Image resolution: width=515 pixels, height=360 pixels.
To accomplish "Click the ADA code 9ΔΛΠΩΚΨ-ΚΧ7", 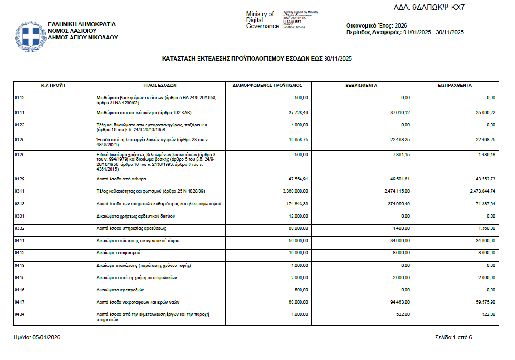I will coord(428,8).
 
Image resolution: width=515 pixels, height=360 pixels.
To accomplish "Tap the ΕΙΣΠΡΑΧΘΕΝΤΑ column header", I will coord(455,86).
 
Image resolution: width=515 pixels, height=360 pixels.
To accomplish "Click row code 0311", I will coord(19,192).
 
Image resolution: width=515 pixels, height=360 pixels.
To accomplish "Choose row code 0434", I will coord(19,314).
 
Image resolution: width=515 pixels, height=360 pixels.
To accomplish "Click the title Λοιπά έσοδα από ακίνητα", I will coord(121,180).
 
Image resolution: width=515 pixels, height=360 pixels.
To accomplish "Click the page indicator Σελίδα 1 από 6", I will coord(453,337).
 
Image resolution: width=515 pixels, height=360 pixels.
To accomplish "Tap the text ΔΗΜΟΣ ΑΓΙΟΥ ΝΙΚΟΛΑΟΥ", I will coord(83,38).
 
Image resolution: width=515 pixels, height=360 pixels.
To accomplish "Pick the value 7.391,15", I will coord(399,154).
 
